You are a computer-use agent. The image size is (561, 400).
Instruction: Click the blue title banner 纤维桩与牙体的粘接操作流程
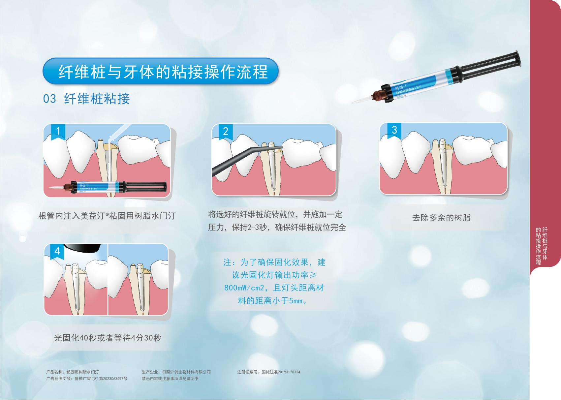tap(161, 71)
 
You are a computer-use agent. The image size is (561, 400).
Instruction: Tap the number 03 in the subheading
tap(49, 99)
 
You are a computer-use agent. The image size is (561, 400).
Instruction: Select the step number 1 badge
tap(58, 132)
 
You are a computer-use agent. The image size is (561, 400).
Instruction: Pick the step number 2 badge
tap(226, 132)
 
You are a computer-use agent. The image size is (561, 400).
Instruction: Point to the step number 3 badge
tap(394, 130)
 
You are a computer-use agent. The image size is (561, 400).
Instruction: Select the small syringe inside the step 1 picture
tap(108, 187)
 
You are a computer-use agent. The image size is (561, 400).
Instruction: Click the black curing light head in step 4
tap(83, 248)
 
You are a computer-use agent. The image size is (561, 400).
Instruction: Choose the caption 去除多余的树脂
tap(441, 217)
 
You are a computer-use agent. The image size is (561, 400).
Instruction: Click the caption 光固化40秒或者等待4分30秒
tap(108, 338)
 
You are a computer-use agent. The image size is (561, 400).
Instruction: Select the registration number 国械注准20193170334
tap(281, 372)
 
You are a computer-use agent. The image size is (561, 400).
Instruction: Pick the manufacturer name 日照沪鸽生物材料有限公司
tap(187, 372)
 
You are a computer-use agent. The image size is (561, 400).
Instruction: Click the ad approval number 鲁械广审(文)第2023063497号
tap(101, 379)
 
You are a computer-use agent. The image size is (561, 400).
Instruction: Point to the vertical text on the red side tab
tap(542, 246)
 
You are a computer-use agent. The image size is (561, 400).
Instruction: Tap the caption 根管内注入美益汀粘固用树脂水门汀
tap(107, 216)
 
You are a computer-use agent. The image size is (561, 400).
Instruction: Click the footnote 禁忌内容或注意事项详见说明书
tap(170, 379)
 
